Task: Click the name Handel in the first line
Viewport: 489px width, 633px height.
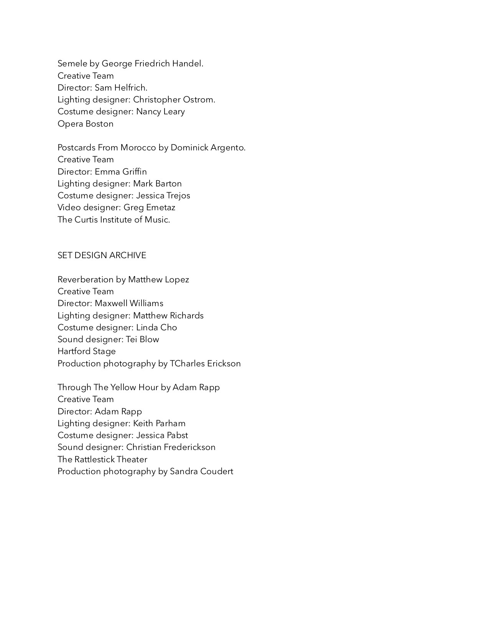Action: pos(187,64)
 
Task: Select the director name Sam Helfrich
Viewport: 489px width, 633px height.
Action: pos(121,88)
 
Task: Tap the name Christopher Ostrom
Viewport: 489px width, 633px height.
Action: pos(174,100)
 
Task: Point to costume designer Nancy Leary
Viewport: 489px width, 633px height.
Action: pos(160,112)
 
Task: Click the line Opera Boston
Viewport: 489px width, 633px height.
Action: pos(86,124)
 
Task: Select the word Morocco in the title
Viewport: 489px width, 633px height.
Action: pos(138,148)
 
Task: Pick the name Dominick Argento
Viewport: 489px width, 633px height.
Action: pos(207,148)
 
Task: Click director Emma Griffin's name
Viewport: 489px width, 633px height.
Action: pos(121,172)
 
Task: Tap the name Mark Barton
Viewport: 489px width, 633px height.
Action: pos(157,184)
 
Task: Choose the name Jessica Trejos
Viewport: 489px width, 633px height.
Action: pos(163,196)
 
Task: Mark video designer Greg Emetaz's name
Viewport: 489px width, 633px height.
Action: pos(149,208)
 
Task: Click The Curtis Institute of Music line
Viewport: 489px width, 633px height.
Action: pos(114,220)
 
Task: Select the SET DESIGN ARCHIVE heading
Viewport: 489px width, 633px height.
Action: pos(102,256)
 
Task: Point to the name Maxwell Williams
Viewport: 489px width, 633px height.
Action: pos(129,303)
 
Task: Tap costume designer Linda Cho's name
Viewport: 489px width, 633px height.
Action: pos(156,328)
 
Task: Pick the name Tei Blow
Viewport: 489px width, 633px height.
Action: pos(142,340)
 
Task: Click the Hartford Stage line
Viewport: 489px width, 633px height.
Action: pos(87,351)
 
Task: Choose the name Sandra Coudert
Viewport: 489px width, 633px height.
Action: pos(201,471)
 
